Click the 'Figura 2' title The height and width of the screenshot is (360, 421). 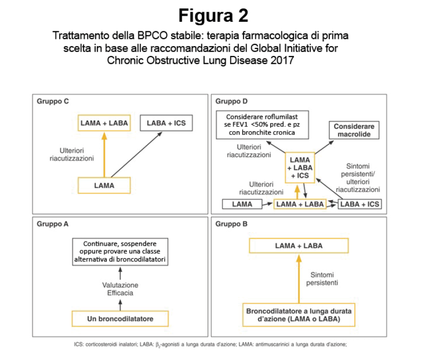213,16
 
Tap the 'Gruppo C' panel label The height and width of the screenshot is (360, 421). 53,102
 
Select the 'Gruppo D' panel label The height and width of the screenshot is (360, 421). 231,102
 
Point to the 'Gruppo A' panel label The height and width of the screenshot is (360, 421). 53,224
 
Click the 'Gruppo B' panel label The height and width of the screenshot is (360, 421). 231,224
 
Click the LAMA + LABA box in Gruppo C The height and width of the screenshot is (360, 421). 104,123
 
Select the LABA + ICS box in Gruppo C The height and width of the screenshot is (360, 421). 166,123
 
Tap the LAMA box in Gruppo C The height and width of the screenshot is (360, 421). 104,186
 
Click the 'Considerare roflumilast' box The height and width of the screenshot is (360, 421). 262,125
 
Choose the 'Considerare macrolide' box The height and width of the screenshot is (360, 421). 354,130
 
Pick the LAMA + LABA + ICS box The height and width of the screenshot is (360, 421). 300,168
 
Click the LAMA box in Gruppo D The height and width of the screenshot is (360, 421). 242,204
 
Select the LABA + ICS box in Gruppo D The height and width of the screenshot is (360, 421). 360,204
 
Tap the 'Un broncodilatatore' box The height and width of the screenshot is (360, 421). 120,319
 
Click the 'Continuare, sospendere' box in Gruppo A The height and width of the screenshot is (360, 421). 120,252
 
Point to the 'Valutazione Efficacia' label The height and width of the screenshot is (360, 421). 120,289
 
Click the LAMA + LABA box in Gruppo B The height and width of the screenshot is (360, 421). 299,246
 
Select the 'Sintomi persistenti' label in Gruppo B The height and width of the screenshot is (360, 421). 322,279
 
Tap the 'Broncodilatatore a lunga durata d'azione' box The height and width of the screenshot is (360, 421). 299,315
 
